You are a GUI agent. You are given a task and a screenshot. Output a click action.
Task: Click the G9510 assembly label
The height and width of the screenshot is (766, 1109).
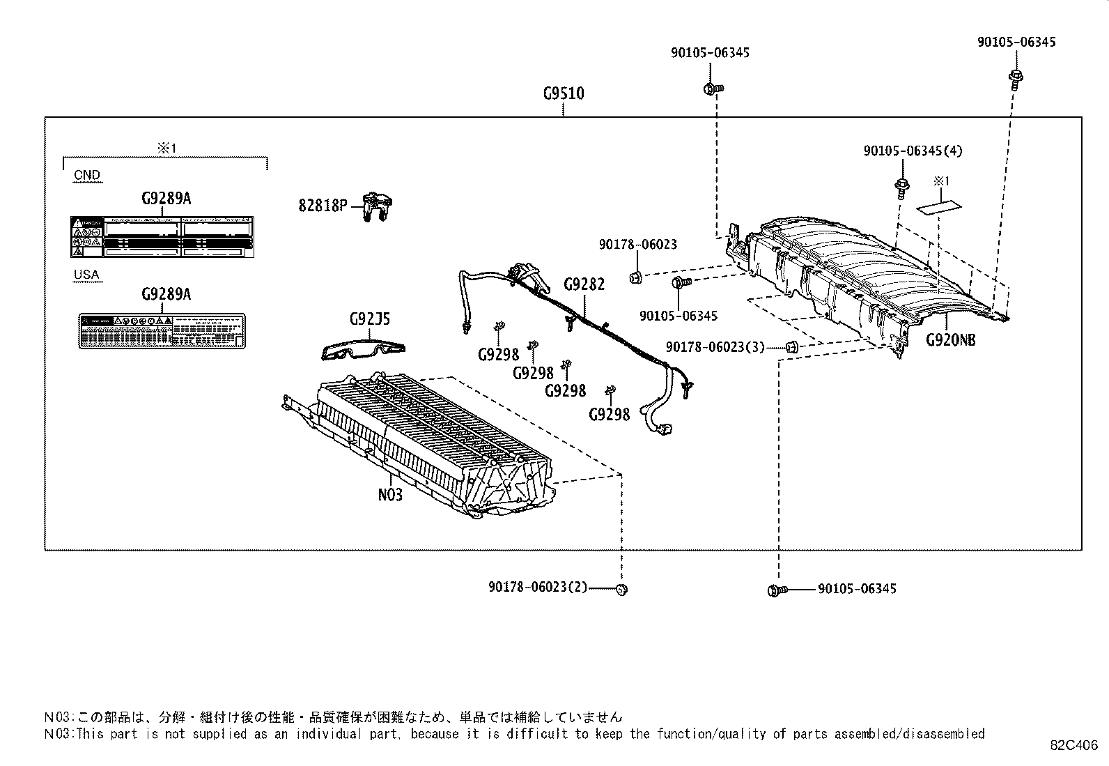tap(564, 93)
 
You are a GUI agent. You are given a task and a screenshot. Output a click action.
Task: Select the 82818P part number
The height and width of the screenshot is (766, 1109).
tap(323, 206)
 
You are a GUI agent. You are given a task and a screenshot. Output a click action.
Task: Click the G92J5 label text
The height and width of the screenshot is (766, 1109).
tap(369, 320)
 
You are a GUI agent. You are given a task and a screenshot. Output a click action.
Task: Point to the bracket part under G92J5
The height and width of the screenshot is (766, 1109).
tap(364, 350)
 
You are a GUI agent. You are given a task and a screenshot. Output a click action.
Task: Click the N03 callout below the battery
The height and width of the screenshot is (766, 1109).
tap(390, 495)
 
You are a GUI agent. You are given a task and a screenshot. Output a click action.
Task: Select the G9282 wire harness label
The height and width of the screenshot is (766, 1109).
tap(584, 284)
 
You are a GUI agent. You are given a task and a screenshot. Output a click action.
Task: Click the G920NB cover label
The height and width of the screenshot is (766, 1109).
tap(950, 340)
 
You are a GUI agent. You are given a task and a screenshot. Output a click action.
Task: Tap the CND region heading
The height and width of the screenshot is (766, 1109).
tap(87, 175)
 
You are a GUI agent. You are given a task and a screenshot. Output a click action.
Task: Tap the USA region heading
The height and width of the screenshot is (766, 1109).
tap(87, 275)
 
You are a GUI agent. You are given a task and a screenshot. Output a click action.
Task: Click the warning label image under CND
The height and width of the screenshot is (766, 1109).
tap(162, 236)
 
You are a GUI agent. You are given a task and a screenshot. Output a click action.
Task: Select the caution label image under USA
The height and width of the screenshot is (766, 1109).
tap(162, 331)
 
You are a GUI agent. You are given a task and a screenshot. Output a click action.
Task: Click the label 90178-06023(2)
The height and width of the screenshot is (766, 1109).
tap(538, 588)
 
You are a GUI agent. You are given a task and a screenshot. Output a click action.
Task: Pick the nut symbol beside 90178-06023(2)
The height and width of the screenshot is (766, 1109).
tap(622, 590)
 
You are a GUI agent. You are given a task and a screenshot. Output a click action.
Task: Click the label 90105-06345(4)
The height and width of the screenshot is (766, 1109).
tap(913, 151)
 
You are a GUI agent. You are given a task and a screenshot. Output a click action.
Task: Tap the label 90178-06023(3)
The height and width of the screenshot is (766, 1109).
tap(715, 346)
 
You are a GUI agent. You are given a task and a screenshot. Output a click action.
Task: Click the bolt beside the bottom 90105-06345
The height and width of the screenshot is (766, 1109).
tap(776, 590)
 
